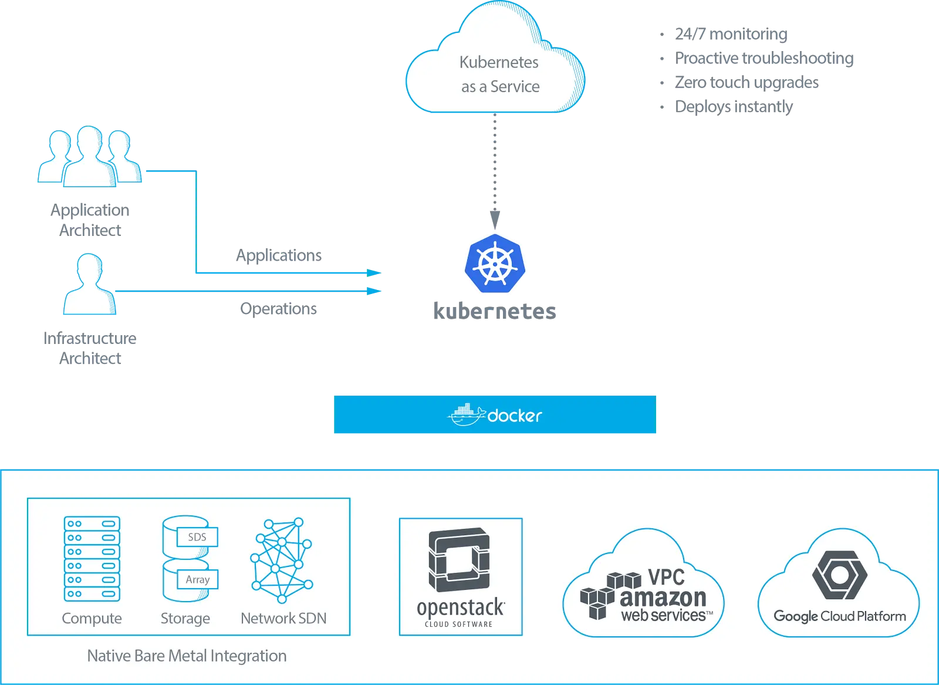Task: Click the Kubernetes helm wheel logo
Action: pyautogui.click(x=495, y=264)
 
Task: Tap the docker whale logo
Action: pyautogui.click(x=467, y=414)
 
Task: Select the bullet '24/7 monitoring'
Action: pyautogui.click(x=731, y=34)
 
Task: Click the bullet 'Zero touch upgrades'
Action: pyautogui.click(x=746, y=83)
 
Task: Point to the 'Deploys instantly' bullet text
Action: pyautogui.click(x=734, y=107)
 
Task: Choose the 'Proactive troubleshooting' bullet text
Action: pyautogui.click(x=764, y=58)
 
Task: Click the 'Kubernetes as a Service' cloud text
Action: pyautogui.click(x=499, y=74)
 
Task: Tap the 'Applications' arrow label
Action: pyautogui.click(x=279, y=255)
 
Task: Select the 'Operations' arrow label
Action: pyautogui.click(x=278, y=309)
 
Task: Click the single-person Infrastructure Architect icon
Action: pyautogui.click(x=90, y=284)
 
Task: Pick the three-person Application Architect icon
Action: pyautogui.click(x=90, y=156)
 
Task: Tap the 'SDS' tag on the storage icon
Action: pyautogui.click(x=197, y=537)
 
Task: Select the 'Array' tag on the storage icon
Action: pyautogui.click(x=197, y=579)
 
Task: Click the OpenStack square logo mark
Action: pyautogui.click(x=459, y=559)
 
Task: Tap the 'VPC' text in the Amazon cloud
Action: pyautogui.click(x=666, y=577)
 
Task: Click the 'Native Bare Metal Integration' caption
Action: pyautogui.click(x=187, y=656)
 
